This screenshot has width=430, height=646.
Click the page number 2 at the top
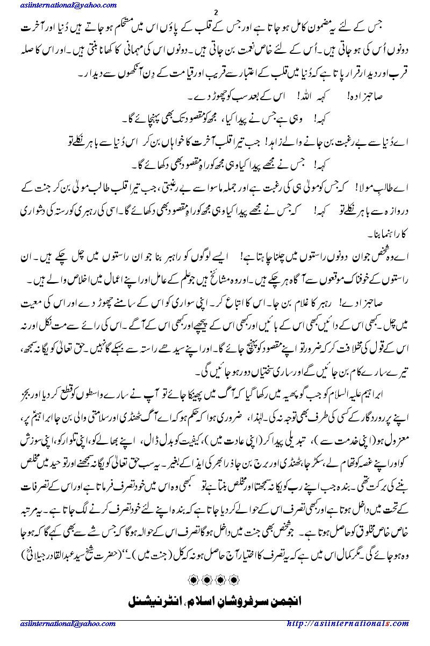216,13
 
